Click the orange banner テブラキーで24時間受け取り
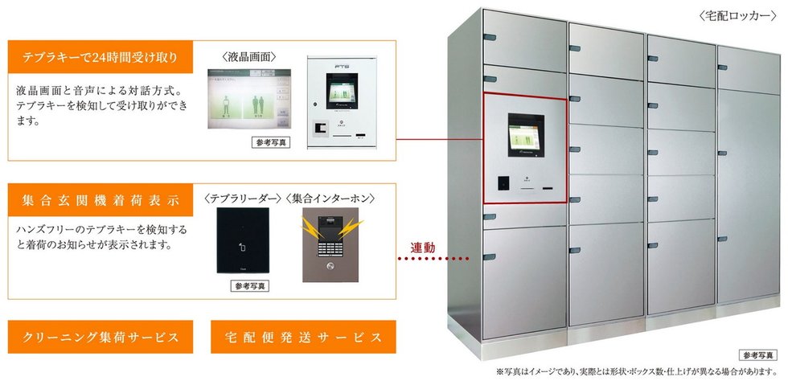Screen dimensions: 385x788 [102, 58]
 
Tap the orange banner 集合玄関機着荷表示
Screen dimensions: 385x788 [102, 198]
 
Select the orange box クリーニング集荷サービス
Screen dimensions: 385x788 [102, 337]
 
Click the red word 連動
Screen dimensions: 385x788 [422, 248]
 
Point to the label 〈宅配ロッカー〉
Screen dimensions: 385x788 [737, 16]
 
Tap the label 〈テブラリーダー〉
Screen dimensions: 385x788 [243, 197]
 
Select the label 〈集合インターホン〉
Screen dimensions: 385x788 [331, 197]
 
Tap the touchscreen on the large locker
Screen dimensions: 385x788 [525, 134]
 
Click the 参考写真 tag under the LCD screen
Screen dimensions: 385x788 [269, 142]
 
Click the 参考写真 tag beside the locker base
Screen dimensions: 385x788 [757, 354]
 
